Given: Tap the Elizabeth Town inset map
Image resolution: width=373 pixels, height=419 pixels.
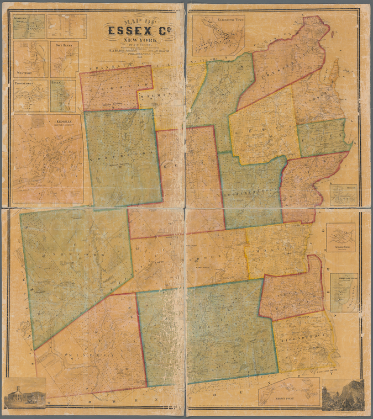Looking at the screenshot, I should click(218, 34).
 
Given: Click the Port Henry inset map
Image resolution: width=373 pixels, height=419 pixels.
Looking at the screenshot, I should click(65, 59).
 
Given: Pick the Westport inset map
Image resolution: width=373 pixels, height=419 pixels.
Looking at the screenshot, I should click(30, 59).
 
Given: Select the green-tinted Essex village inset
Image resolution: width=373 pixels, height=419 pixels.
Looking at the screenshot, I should click(63, 96).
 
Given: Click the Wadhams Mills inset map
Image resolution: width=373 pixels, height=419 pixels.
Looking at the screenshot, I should click(29, 26).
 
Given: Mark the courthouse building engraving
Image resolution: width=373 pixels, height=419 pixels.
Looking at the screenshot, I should click(25, 393).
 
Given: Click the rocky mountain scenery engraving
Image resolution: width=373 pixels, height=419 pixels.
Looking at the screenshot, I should click(343, 395).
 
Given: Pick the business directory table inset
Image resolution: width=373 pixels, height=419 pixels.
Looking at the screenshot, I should click(66, 26).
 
